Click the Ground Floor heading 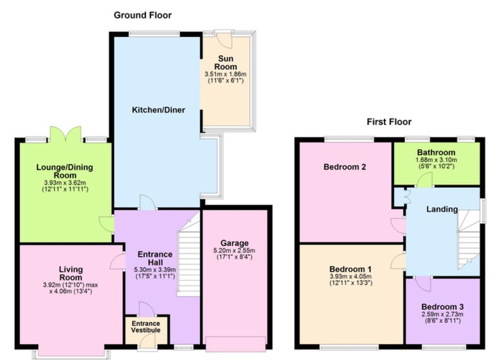[143, 15]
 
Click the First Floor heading [389, 122]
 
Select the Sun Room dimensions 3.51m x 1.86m [225, 74]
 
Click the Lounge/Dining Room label [65, 172]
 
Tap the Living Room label [71, 273]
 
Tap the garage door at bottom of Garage [236, 343]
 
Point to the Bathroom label [436, 152]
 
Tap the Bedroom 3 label [442, 307]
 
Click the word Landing [442, 209]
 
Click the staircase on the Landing [468, 241]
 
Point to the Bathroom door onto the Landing [425, 181]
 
